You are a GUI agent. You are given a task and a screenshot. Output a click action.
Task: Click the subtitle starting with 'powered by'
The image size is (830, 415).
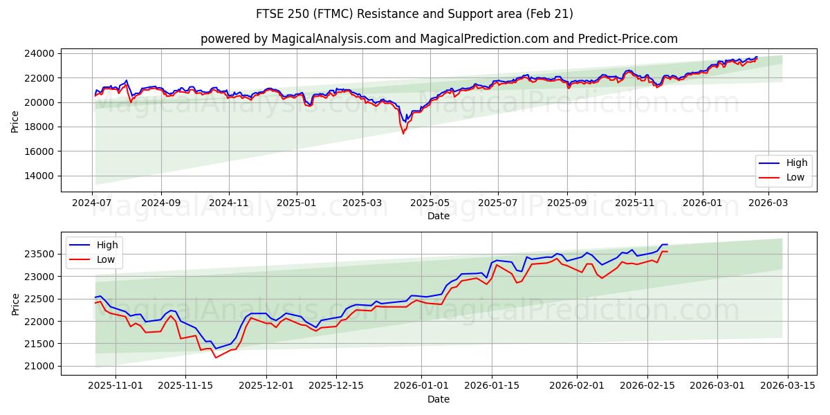(x=439, y=39)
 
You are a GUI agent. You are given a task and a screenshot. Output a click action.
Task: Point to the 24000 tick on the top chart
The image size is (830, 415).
(x=40, y=54)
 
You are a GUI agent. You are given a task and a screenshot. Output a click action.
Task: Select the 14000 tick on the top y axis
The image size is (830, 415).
(x=40, y=176)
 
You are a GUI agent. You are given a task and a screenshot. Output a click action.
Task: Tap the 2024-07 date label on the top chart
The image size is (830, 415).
(x=93, y=203)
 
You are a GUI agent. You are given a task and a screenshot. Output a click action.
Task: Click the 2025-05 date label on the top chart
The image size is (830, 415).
(x=430, y=203)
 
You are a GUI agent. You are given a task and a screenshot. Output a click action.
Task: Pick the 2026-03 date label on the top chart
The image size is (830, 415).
(x=768, y=203)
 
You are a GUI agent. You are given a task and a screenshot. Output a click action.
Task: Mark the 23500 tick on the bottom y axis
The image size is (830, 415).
(x=40, y=255)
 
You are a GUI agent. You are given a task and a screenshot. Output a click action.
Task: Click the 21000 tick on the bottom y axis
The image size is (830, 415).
(x=40, y=367)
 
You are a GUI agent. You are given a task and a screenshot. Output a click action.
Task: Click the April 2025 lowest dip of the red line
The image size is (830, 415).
(x=403, y=133)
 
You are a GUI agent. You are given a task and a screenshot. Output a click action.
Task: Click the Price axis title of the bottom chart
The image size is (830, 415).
(x=16, y=304)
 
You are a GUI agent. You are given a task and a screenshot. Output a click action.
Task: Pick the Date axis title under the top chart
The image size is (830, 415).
(x=439, y=216)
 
